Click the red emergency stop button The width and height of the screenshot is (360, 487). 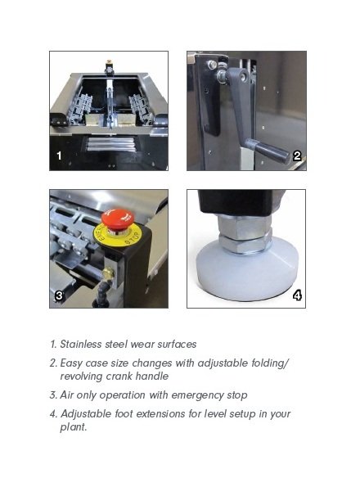tap(118, 218)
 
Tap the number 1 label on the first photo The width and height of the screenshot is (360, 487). tap(59, 156)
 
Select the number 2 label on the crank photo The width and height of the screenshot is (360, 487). tap(297, 156)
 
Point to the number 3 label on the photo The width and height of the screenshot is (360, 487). tap(59, 295)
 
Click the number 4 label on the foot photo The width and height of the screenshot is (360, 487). tap(297, 295)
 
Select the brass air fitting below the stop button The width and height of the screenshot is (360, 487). tap(108, 274)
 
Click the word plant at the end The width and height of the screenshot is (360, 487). tap(72, 427)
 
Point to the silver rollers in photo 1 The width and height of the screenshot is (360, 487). tap(110, 144)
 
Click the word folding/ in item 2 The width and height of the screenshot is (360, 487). tap(270, 363)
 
